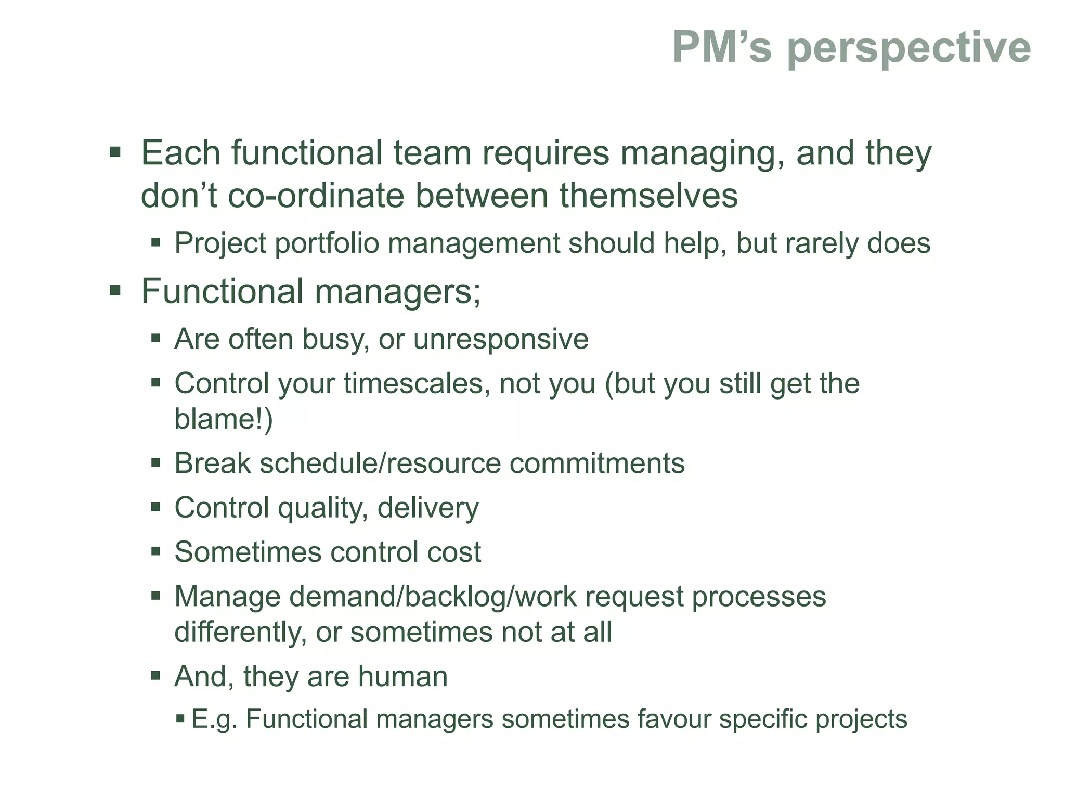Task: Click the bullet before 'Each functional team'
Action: click(x=115, y=153)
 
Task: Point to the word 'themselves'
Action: click(x=648, y=196)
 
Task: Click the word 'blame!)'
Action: click(x=223, y=419)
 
